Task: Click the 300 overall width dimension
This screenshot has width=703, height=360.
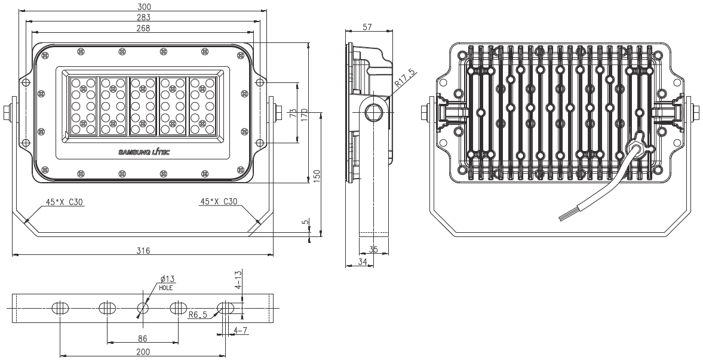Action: click(x=143, y=7)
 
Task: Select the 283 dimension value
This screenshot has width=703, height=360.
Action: click(x=143, y=17)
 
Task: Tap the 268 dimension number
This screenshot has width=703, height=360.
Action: click(x=143, y=28)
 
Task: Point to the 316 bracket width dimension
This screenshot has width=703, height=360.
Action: click(x=143, y=251)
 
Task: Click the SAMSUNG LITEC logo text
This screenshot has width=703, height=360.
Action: click(x=144, y=152)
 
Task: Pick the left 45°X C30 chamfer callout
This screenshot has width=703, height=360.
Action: click(x=64, y=202)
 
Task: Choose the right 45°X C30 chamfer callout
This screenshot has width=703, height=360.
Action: click(x=219, y=202)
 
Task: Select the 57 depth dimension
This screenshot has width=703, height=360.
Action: click(x=367, y=27)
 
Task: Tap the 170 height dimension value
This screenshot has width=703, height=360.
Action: click(x=304, y=113)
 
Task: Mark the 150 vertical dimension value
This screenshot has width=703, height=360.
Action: click(x=317, y=176)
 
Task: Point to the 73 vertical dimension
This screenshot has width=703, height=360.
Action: click(x=294, y=113)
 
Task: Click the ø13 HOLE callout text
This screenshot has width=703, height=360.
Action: click(x=166, y=283)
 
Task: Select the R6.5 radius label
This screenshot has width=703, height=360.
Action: click(x=198, y=315)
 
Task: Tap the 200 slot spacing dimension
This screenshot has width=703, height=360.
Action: click(x=143, y=352)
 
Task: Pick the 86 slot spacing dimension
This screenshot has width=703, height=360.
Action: click(x=143, y=339)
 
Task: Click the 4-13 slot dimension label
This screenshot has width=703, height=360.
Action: click(x=238, y=279)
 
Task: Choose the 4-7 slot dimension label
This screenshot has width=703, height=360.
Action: click(x=240, y=331)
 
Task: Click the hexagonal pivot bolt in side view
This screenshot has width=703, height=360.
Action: click(x=373, y=110)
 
